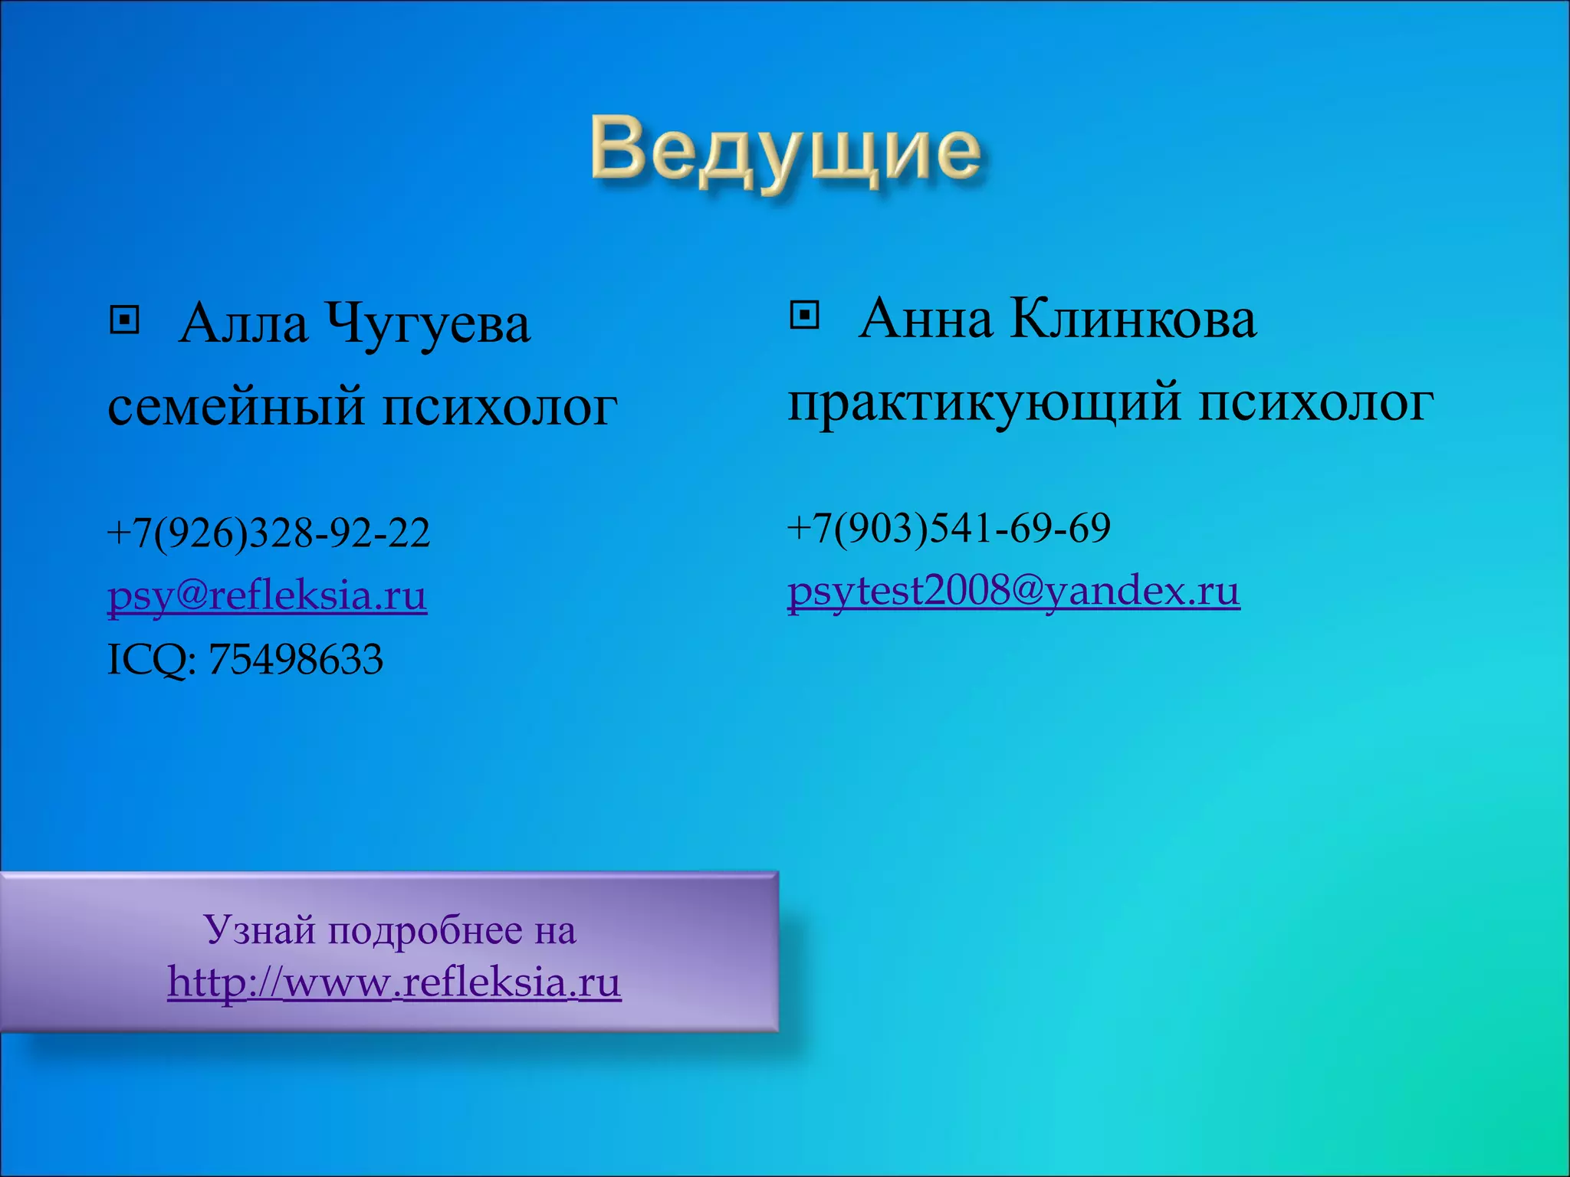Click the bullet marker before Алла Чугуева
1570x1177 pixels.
pyautogui.click(x=124, y=320)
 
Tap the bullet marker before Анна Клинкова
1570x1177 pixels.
pyautogui.click(x=804, y=314)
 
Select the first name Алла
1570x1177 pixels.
pyautogui.click(x=243, y=324)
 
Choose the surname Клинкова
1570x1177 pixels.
pyautogui.click(x=1132, y=319)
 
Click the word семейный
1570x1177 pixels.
pyautogui.click(x=235, y=406)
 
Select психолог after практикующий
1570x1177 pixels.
pyautogui.click(x=1315, y=403)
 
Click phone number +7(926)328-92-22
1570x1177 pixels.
pyautogui.click(x=268, y=533)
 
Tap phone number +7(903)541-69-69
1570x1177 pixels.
pyautogui.click(x=948, y=528)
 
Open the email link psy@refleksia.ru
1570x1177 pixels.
pyautogui.click(x=267, y=595)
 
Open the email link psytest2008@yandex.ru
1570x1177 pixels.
pyautogui.click(x=1013, y=591)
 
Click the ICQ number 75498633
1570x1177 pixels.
pyautogui.click(x=295, y=659)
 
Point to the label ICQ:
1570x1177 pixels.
pyautogui.click(x=151, y=659)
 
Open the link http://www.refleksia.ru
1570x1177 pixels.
pyautogui.click(x=394, y=982)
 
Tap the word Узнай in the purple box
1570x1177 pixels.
pyautogui.click(x=261, y=930)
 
